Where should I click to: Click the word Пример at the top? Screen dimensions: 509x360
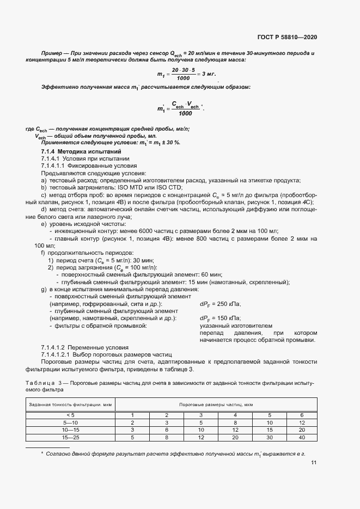click(x=52, y=53)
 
